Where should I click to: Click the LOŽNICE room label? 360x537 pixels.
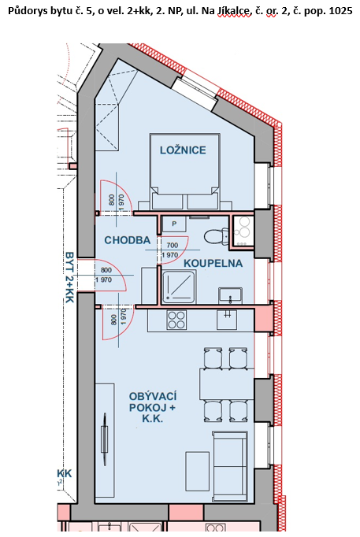183,150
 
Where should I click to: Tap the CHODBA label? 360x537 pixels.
128,240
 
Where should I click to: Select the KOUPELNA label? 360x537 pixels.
213,263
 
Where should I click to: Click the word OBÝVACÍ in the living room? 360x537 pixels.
153,396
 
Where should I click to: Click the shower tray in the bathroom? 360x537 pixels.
179,287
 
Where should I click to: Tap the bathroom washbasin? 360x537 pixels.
230,294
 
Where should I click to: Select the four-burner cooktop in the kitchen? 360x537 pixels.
176,320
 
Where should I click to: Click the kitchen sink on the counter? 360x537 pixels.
227,320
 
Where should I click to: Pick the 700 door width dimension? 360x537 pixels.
173,245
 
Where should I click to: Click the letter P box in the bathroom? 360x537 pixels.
174,224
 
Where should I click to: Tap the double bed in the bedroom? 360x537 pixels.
184,171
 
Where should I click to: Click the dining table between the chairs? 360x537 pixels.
227,384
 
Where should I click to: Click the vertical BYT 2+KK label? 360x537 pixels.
69,277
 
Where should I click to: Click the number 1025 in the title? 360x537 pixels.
340,11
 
